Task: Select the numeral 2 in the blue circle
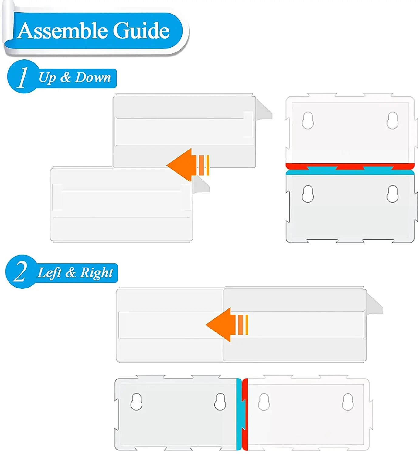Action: (x=20, y=271)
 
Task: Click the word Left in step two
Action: (x=50, y=272)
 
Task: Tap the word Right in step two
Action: (x=97, y=272)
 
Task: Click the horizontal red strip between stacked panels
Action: (x=349, y=166)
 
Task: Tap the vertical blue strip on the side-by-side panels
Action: (x=239, y=414)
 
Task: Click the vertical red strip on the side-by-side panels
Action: (x=245, y=414)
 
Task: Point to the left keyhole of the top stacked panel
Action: (x=308, y=120)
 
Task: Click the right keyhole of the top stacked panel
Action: (x=392, y=120)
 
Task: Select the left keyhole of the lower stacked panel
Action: (x=308, y=194)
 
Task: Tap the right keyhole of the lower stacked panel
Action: (x=392, y=194)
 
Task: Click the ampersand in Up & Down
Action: (x=65, y=77)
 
